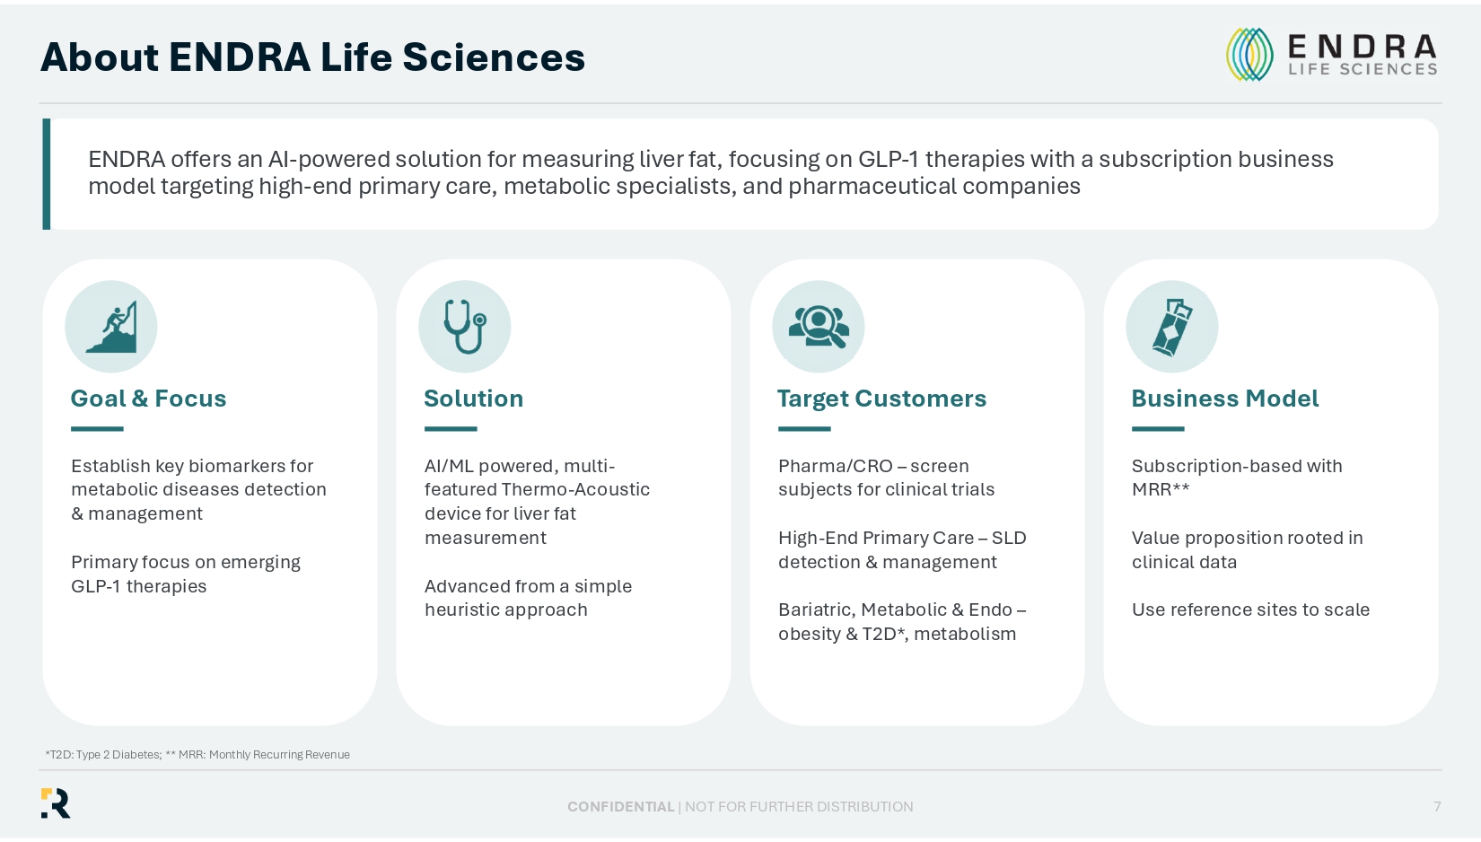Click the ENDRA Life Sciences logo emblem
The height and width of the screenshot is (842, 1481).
(1249, 54)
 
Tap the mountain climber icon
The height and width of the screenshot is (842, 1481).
(111, 327)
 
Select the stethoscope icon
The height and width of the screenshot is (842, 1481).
(465, 327)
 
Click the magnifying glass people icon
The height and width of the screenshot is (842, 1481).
(819, 327)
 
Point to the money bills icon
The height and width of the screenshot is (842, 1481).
(1172, 327)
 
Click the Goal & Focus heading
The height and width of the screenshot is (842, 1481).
(149, 399)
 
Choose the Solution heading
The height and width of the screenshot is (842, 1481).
(473, 399)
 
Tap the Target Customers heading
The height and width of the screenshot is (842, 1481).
(882, 399)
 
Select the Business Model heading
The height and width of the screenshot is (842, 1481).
(1225, 399)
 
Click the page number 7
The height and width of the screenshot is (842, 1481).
(1437, 806)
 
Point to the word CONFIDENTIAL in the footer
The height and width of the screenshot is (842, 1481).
(621, 807)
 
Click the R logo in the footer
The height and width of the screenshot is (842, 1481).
(56, 803)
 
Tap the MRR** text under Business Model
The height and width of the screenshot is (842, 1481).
(1161, 489)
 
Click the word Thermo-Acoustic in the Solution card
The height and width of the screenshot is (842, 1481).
(575, 489)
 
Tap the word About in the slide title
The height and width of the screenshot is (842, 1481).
(99, 57)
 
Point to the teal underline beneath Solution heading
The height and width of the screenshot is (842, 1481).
(451, 428)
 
